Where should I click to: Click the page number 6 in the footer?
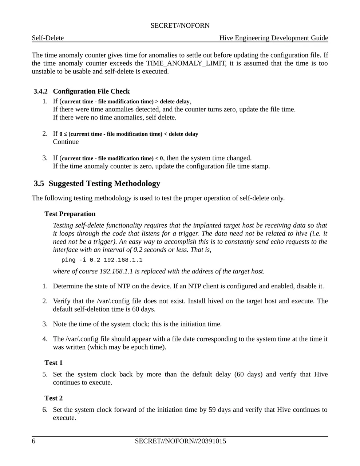(x=33, y=441)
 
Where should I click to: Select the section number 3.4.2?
(x=40, y=91)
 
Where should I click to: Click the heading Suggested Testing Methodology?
(x=104, y=183)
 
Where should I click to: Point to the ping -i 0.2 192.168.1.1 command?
(x=102, y=260)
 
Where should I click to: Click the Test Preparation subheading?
(x=70, y=214)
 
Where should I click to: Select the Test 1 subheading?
(x=54, y=363)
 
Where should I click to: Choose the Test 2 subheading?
(x=54, y=398)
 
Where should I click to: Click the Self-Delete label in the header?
(x=48, y=38)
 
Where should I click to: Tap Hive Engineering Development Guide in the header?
(x=274, y=38)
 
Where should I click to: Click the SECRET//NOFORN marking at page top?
(x=180, y=25)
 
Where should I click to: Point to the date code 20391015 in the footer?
(x=212, y=441)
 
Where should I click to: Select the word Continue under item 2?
(x=66, y=142)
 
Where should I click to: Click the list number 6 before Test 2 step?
(x=45, y=410)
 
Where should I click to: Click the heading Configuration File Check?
(x=91, y=91)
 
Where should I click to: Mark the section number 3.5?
(x=39, y=183)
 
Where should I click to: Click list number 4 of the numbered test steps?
(x=45, y=339)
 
